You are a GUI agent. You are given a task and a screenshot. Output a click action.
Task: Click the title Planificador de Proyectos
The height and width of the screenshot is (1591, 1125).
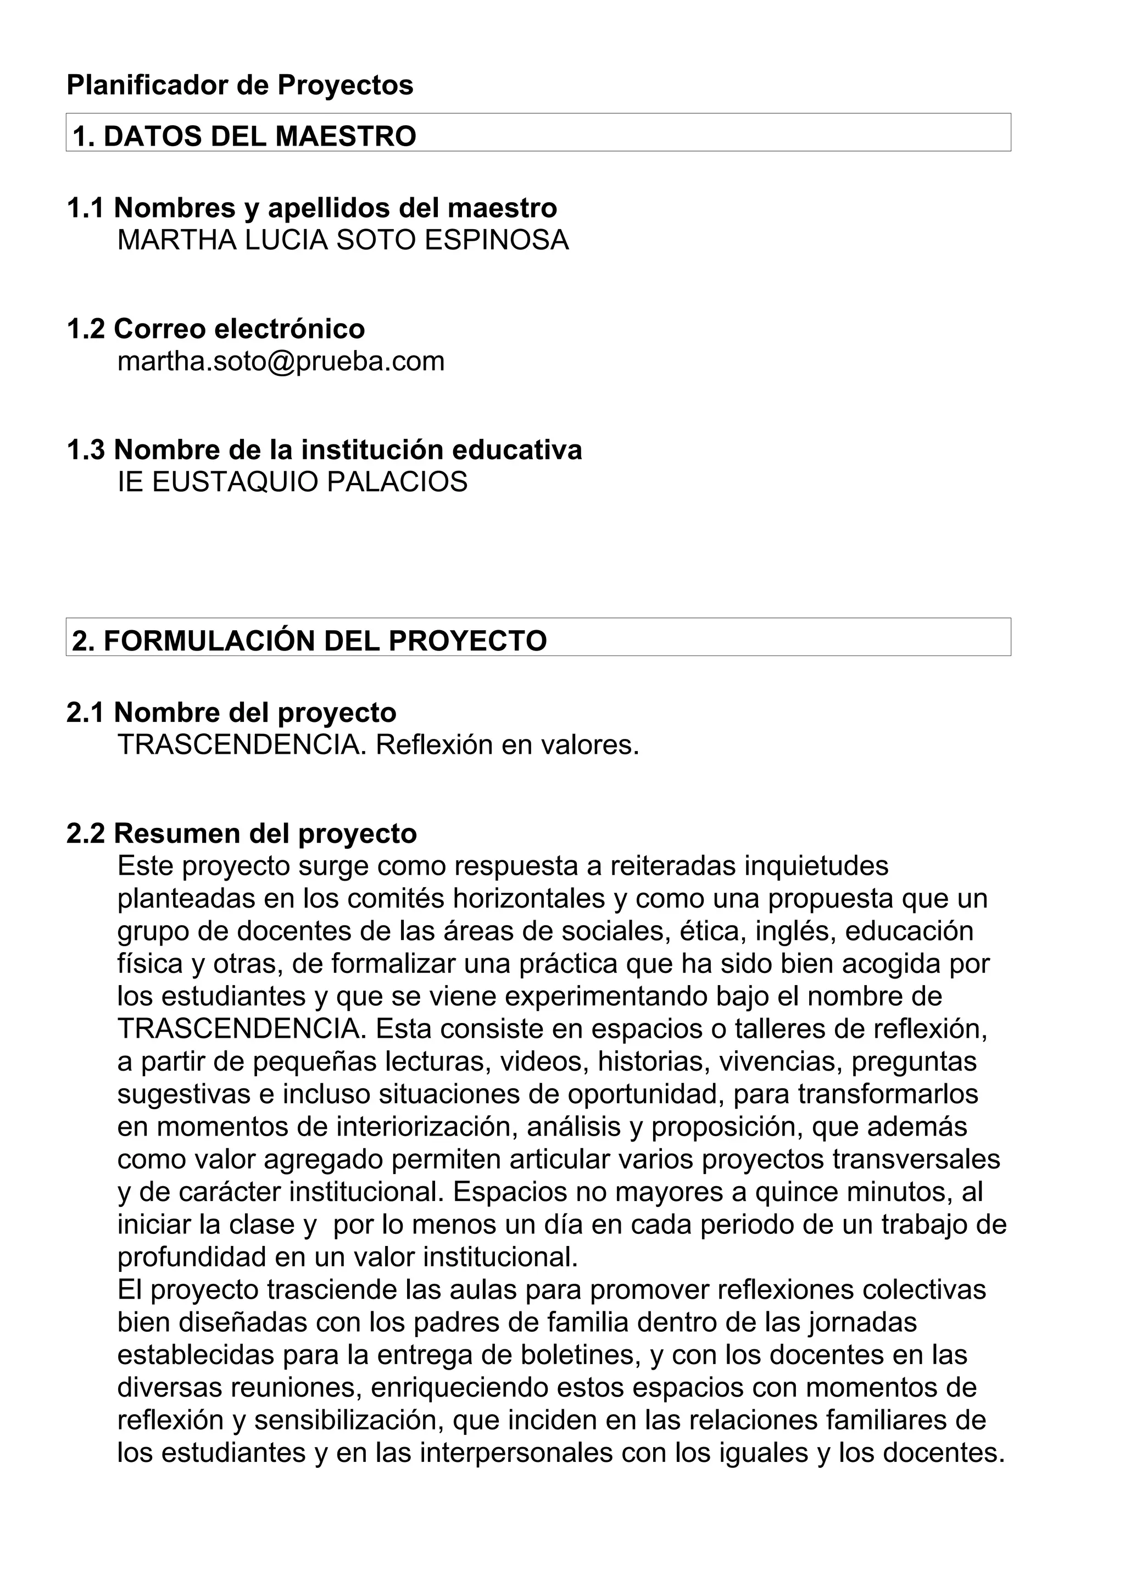(240, 85)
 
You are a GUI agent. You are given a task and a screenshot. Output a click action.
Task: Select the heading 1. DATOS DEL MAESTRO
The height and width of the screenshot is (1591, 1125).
(244, 136)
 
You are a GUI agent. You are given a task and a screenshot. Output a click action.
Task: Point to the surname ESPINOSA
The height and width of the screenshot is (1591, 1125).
(496, 241)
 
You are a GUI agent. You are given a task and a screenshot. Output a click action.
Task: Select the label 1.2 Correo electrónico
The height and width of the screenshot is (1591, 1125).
(215, 329)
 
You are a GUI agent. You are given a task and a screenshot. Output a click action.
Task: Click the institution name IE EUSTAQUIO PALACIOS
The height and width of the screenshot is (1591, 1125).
(292, 482)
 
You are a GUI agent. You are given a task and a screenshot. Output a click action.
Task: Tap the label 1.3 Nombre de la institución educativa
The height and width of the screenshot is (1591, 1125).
(324, 450)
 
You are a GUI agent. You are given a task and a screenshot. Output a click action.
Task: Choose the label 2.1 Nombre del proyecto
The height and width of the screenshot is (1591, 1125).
(231, 713)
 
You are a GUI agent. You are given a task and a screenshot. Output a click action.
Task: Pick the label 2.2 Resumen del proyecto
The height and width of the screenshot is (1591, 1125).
(242, 833)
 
